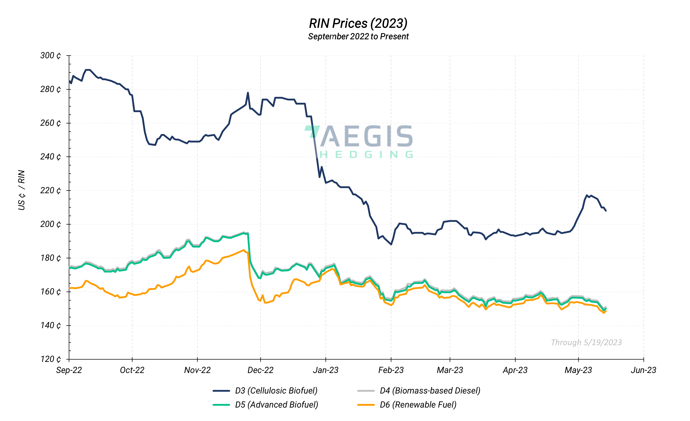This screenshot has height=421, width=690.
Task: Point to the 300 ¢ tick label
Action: pyautogui.click(x=50, y=55)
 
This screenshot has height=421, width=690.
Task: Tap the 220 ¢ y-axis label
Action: pyautogui.click(x=50, y=190)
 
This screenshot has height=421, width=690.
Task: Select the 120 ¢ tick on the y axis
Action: pyautogui.click(x=50, y=359)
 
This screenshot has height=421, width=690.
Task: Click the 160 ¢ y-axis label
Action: pyautogui.click(x=50, y=292)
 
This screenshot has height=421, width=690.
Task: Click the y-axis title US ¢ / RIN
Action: pyautogui.click(x=22, y=190)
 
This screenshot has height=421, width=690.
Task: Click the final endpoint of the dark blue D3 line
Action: pyautogui.click(x=606, y=211)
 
